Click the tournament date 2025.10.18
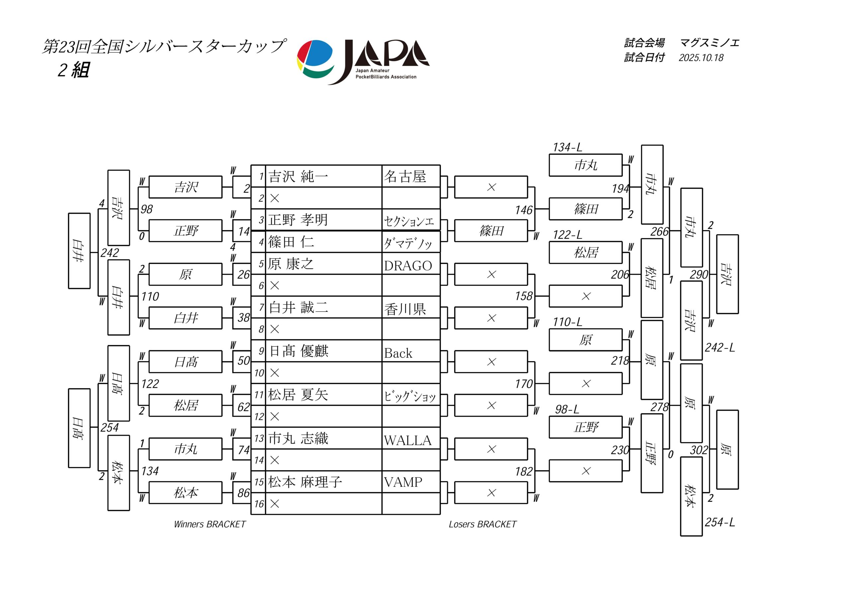click(701, 58)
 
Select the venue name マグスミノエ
click(709, 43)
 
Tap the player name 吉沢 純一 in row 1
click(298, 177)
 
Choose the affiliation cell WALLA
click(408, 440)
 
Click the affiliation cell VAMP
click(403, 482)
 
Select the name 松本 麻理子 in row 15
click(305, 482)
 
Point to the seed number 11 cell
click(258, 395)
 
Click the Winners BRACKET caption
click(210, 524)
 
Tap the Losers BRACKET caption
click(482, 524)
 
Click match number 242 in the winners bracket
click(110, 253)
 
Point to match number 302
click(699, 450)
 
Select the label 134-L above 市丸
click(567, 147)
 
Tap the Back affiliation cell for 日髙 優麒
click(398, 353)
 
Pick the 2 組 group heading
click(73, 70)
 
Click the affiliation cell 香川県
click(405, 309)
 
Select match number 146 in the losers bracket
click(524, 210)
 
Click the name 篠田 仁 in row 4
click(291, 242)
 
